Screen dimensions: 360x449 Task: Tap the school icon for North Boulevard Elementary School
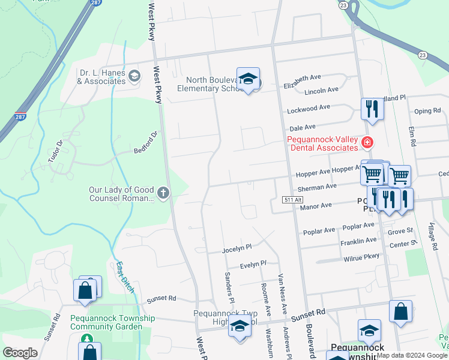248,79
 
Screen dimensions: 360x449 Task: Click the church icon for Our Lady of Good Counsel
163,193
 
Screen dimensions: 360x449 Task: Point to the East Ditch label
124,273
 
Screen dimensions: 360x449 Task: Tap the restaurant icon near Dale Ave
372,109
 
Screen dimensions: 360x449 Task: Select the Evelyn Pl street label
253,264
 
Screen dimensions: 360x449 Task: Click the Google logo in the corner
20,353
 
